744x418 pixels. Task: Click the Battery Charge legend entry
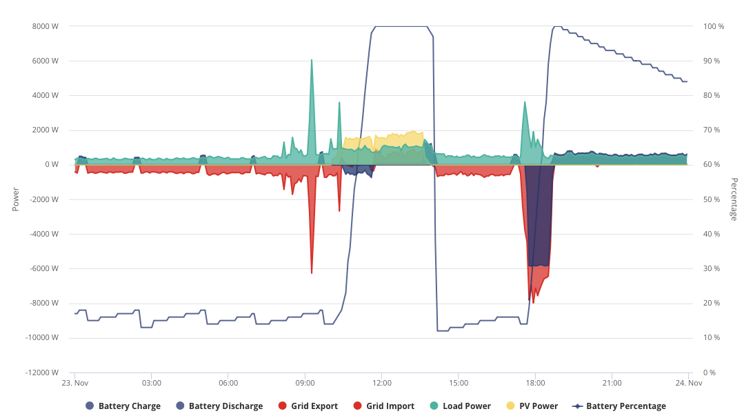click(123, 406)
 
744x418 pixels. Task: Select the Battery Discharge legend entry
click(219, 406)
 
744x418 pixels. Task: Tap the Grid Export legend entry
click(308, 406)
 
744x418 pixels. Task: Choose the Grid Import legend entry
click(384, 406)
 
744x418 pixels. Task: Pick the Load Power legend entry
click(460, 406)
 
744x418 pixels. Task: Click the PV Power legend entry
click(532, 406)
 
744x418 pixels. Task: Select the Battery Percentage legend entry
click(619, 406)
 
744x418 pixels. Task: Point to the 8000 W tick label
click(46, 27)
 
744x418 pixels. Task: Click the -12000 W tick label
click(42, 372)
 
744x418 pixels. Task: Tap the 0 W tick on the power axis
click(52, 165)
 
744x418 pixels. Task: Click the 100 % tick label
click(714, 27)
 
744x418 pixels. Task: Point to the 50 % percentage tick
click(712, 199)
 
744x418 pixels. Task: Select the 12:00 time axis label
click(382, 383)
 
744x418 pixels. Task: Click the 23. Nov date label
click(75, 383)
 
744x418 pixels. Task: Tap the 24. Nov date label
click(688, 383)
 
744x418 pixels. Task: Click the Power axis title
click(16, 199)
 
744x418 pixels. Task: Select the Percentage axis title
click(734, 199)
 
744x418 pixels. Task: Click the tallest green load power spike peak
click(312, 60)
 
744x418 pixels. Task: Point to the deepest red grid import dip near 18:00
click(533, 303)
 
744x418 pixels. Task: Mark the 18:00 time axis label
click(535, 383)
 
